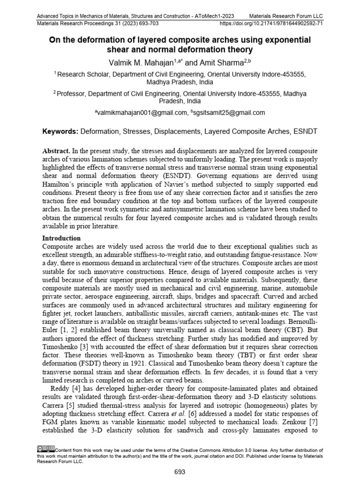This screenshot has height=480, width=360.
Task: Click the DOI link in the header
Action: [x=271, y=22]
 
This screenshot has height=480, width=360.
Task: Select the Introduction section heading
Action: [x=61, y=238]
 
